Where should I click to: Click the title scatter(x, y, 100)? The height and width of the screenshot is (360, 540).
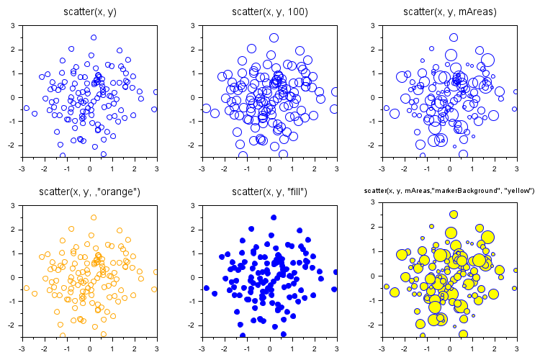click(269, 12)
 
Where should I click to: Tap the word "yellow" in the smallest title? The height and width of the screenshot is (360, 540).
click(518, 190)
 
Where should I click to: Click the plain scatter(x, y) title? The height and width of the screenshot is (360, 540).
click(89, 12)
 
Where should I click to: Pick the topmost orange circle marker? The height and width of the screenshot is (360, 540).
click(94, 217)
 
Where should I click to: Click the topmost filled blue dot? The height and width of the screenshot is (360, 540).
click(274, 217)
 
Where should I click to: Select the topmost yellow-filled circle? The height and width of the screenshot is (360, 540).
click(454, 214)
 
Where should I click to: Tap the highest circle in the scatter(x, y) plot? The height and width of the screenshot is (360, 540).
click(94, 37)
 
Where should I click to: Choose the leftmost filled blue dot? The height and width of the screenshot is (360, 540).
click(207, 288)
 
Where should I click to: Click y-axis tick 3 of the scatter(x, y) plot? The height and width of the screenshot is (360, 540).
click(13, 25)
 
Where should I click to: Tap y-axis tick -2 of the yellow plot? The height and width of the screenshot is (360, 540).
click(372, 325)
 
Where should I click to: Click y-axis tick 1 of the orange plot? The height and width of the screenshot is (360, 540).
click(13, 253)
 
